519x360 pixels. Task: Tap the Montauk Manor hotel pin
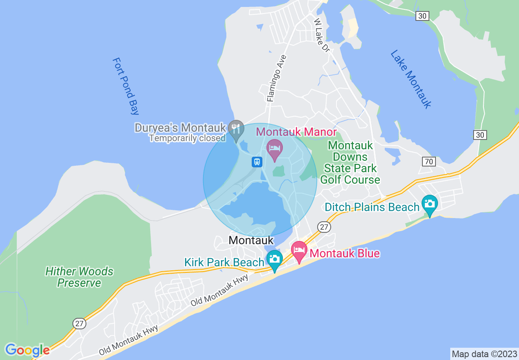(x=274, y=148)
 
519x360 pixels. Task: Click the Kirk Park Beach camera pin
(x=275, y=259)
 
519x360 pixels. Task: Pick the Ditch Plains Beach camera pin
(x=429, y=204)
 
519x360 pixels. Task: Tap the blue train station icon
(x=257, y=162)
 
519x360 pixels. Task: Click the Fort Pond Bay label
(x=126, y=86)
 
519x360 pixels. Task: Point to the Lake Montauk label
(x=410, y=79)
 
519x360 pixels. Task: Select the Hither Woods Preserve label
(x=79, y=277)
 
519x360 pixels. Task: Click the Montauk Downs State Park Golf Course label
(x=350, y=162)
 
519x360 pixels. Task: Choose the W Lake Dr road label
(x=322, y=35)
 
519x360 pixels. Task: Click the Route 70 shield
(x=429, y=162)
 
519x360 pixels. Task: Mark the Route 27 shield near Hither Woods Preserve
(x=80, y=324)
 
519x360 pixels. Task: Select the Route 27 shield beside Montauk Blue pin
(x=324, y=227)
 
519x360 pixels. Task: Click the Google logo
(x=27, y=350)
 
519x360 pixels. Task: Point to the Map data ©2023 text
(x=484, y=354)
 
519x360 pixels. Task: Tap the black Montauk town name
(x=251, y=240)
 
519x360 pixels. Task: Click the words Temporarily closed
(x=187, y=138)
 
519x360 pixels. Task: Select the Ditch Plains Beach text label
(x=372, y=207)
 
